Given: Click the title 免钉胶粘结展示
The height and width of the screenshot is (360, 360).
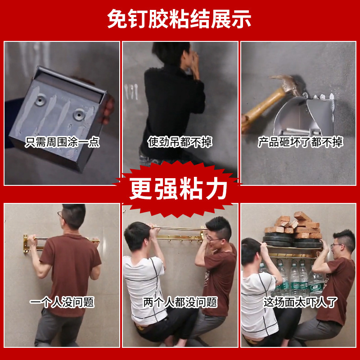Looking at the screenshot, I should tap(180, 19).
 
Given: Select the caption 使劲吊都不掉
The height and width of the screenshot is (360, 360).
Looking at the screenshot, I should tap(180, 143).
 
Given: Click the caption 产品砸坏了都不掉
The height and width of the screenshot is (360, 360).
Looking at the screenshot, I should tap(300, 143).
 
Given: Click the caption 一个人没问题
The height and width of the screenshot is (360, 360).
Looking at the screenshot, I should tap(62, 302).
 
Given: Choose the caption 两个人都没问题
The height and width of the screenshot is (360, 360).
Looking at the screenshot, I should tap(180, 302).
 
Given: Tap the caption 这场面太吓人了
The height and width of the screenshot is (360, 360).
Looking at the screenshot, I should tap(300, 302).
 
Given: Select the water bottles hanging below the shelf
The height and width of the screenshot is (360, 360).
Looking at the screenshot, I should tap(292, 277).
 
